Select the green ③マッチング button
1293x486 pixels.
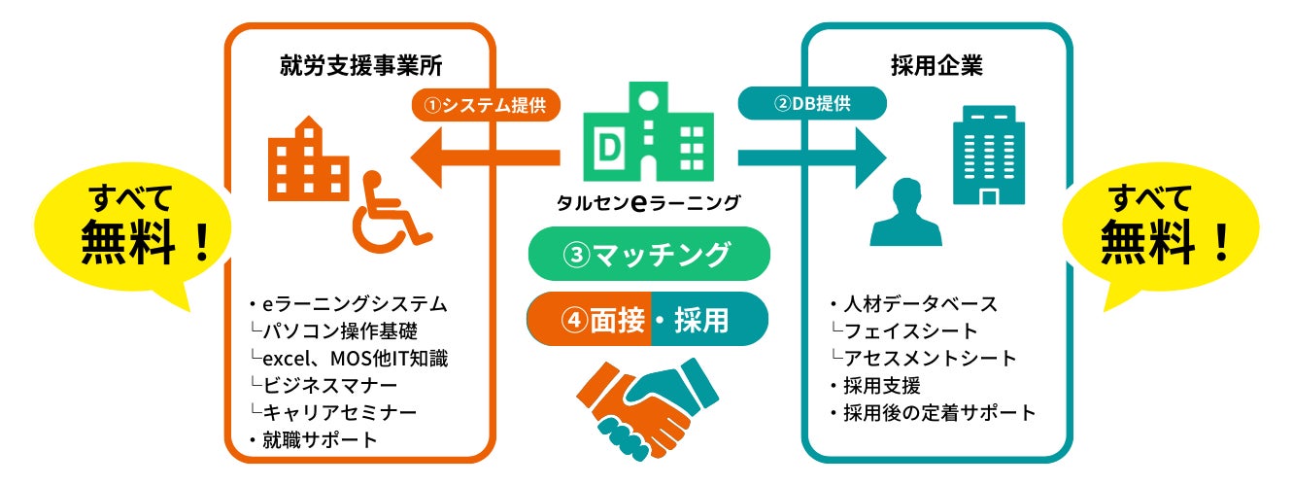click(x=647, y=255)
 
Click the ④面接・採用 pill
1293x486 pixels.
click(x=647, y=320)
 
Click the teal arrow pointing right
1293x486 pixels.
click(x=812, y=156)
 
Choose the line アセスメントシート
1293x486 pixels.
click(x=930, y=358)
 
